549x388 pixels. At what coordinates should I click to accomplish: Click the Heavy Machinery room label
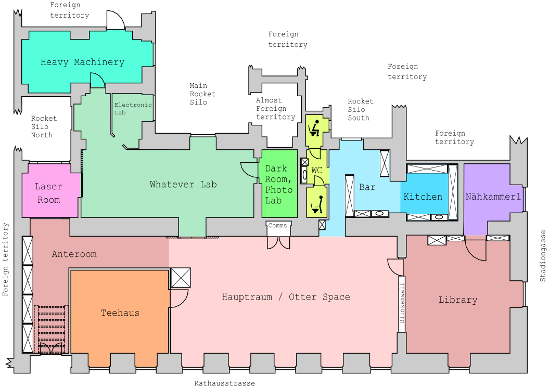tap(82, 62)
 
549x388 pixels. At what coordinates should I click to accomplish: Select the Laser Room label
tap(48, 193)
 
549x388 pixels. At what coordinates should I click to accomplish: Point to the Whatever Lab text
tap(183, 185)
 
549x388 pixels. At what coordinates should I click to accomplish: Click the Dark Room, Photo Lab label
tap(278, 184)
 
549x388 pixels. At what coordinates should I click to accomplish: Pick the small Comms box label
tap(278, 226)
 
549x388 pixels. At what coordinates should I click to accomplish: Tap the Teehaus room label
tap(120, 313)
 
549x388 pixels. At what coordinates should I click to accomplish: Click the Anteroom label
tap(74, 254)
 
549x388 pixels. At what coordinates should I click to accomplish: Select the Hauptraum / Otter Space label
tap(286, 297)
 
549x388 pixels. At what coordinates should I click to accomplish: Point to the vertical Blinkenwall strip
tap(402, 307)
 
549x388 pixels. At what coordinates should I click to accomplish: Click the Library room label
tap(458, 300)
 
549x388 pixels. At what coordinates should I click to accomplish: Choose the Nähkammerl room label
tap(493, 197)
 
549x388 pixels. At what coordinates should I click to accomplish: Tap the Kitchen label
tap(423, 197)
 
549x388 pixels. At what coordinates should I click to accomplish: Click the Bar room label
tap(367, 187)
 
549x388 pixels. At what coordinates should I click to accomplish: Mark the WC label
tap(317, 170)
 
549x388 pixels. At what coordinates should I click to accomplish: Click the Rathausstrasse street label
tap(225, 383)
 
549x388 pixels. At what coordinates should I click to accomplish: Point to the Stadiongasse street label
tap(543, 256)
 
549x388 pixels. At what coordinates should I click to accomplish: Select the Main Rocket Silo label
tap(202, 94)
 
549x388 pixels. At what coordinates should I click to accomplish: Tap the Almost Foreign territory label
tap(275, 109)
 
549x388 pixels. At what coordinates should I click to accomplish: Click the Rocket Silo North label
tap(44, 126)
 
